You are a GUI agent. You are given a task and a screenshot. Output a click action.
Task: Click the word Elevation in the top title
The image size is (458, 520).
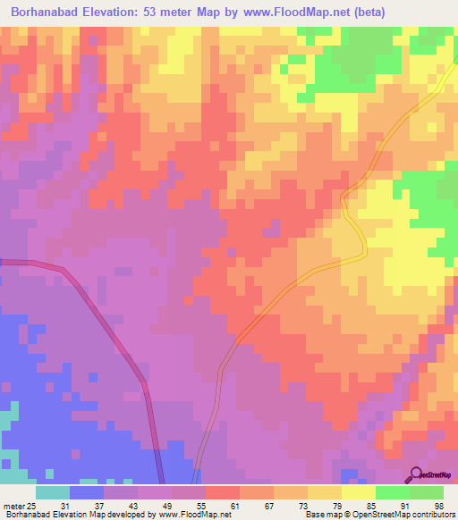[x=123, y=14]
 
